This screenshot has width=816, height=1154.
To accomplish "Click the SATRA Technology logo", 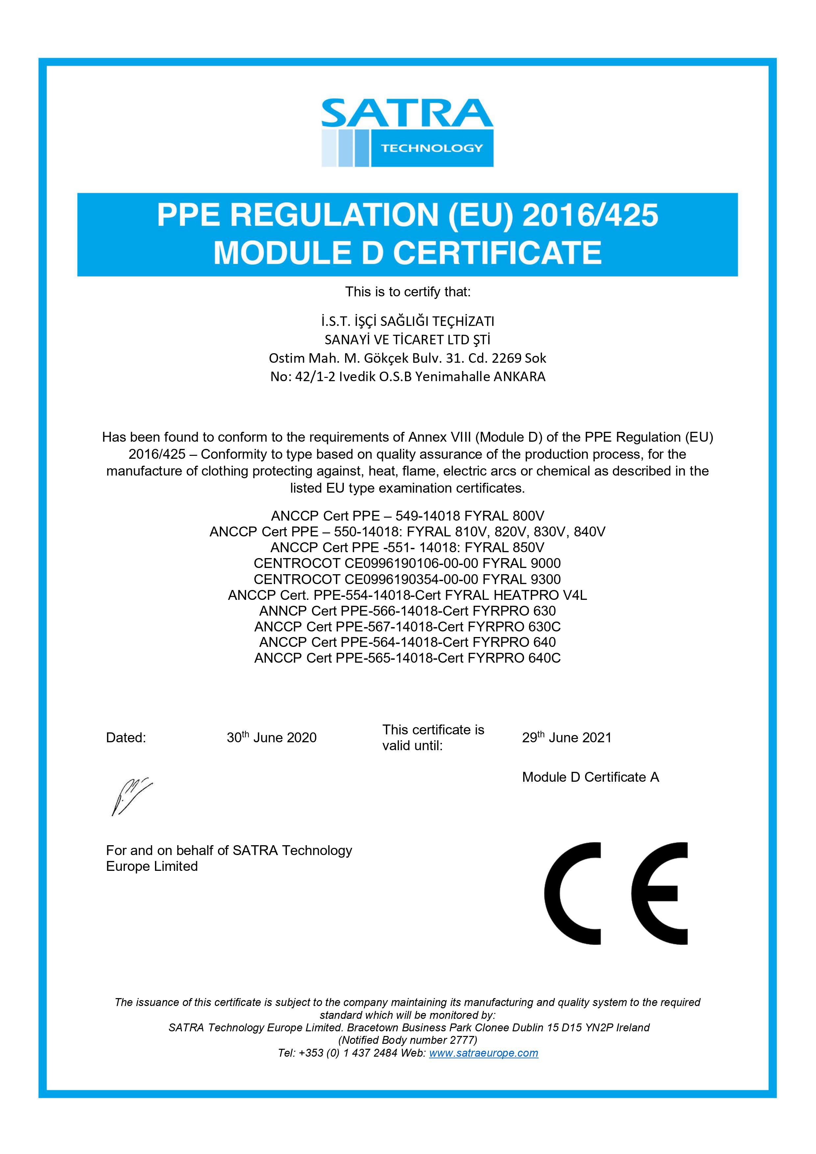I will (407, 133).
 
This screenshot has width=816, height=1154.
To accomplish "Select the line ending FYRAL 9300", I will (407, 579).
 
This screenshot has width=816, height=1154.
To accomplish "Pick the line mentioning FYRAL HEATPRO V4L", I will (407, 595).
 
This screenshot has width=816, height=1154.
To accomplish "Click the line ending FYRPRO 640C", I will (407, 658).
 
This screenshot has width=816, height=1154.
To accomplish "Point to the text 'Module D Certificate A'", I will (590, 777).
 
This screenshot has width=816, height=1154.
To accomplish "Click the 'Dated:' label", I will (126, 738).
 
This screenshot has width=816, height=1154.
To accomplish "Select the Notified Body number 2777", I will (408, 1040).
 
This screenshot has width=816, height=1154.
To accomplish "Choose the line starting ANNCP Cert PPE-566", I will (407, 611).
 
